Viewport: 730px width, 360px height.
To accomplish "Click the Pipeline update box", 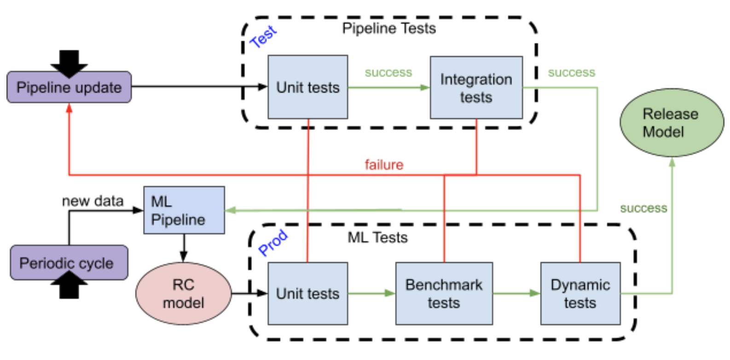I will click(69, 87).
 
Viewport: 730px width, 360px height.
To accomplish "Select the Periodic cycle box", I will click(69, 263).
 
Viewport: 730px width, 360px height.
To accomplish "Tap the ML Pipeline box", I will click(184, 210).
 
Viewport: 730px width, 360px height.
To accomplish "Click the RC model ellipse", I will click(183, 294).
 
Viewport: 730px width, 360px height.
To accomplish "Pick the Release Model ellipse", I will click(671, 122).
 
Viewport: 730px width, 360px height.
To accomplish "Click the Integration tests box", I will click(476, 88).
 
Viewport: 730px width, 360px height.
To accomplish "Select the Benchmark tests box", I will click(444, 294).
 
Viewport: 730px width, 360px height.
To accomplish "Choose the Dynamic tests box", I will click(580, 294).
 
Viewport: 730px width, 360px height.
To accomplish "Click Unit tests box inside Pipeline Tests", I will click(307, 87).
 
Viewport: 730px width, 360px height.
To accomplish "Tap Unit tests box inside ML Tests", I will click(307, 294).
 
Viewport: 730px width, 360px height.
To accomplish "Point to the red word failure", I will click(384, 165).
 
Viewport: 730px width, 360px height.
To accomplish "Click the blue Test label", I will click(263, 37).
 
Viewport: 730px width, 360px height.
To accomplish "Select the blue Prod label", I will click(273, 242).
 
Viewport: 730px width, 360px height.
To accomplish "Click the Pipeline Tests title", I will click(389, 29).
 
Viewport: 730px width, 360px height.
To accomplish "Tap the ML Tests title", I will click(377, 238).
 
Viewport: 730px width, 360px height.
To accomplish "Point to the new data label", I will click(93, 201).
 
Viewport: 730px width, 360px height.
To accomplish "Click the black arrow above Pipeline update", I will click(69, 62).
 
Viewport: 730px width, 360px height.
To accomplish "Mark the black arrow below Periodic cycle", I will click(69, 285).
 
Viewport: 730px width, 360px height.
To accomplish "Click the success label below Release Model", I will click(643, 209).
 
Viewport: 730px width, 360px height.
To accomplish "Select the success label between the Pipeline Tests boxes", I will click(388, 73).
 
